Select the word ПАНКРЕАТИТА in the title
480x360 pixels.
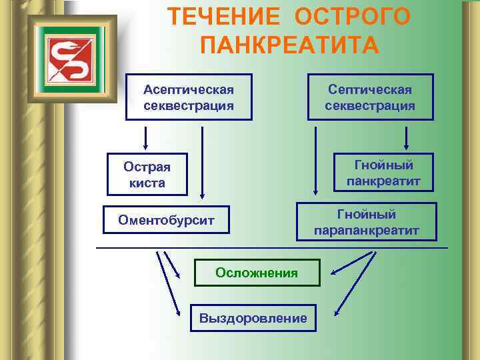pyautogui.click(x=289, y=45)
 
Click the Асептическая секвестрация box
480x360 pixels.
pyautogui.click(x=189, y=97)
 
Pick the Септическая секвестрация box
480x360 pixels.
pyautogui.click(x=370, y=97)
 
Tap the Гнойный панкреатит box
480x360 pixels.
pyautogui.click(x=383, y=173)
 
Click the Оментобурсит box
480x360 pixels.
pyautogui.click(x=166, y=219)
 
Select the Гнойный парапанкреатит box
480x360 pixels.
pyautogui.click(x=367, y=222)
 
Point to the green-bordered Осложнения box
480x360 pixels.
pyautogui.click(x=257, y=272)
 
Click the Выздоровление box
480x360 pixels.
pyautogui.click(x=253, y=318)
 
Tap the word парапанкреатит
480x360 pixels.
pyautogui.click(x=367, y=231)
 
